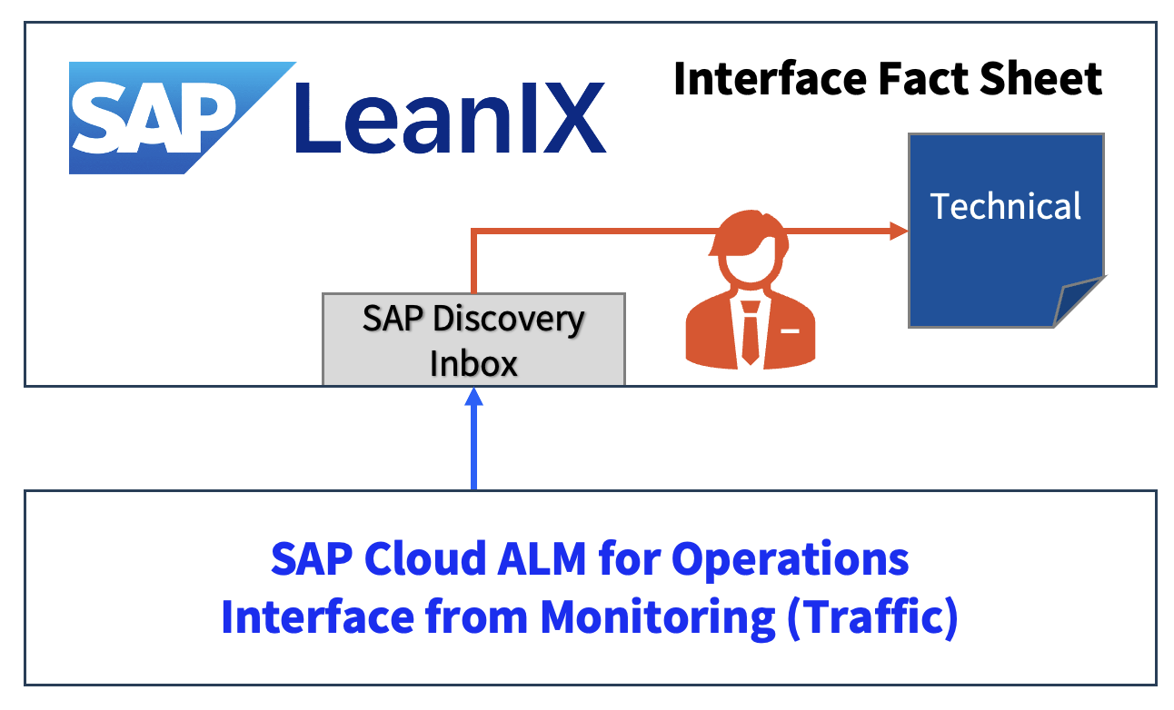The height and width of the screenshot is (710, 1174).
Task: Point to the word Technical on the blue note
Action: click(1006, 207)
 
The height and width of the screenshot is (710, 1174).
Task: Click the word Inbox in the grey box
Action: click(473, 364)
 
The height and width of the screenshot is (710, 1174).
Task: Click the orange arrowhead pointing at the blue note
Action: click(899, 232)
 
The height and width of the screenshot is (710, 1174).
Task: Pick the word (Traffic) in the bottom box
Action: click(873, 619)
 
